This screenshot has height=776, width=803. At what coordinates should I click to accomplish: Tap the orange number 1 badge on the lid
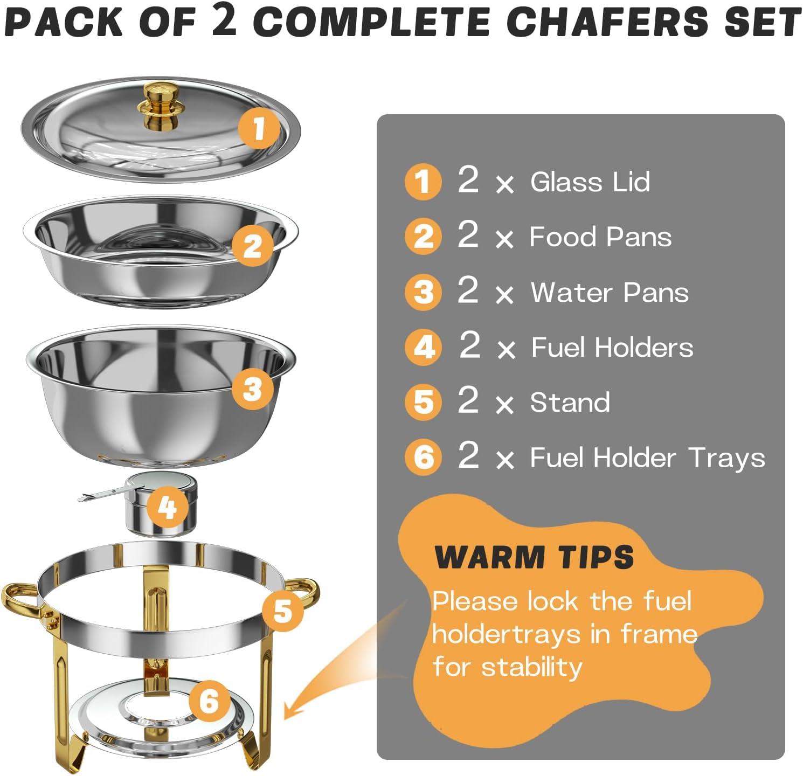[x=259, y=128]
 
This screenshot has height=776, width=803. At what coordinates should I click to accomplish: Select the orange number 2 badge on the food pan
[x=252, y=246]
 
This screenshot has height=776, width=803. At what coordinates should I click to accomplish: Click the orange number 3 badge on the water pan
[x=252, y=389]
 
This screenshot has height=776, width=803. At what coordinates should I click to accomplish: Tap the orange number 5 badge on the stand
[x=282, y=611]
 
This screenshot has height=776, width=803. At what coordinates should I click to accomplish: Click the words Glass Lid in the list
[x=590, y=182]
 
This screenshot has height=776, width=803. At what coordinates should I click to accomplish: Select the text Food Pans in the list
[x=600, y=237]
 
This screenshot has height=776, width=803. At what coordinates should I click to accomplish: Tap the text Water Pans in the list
[x=610, y=293]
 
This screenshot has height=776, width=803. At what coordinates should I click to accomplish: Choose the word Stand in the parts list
[x=570, y=403]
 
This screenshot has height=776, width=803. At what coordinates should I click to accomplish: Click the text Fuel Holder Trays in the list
[x=647, y=458]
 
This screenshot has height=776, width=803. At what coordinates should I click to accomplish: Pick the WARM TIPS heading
[x=534, y=557]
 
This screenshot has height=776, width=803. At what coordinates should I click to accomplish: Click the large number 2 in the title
[x=225, y=23]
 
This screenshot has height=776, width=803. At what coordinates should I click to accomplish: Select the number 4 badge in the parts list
[x=424, y=347]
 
